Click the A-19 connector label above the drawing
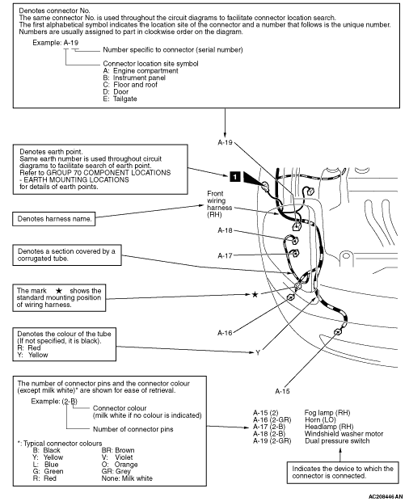[x=225, y=142]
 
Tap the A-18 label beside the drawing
[x=225, y=230]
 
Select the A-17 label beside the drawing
[x=225, y=255]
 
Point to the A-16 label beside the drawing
[x=225, y=333]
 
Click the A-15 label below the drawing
[x=282, y=391]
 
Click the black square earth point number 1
[x=235, y=176]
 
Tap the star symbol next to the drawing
[x=255, y=294]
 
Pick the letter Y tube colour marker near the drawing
[x=258, y=353]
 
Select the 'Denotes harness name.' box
[x=54, y=219]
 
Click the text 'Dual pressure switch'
[x=337, y=441]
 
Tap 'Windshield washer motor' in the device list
[x=344, y=434]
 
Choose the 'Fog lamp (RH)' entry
[x=327, y=413]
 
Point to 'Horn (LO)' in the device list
[x=320, y=420]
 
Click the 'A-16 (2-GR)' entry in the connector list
[x=272, y=420]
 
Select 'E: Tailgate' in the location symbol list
[x=120, y=99]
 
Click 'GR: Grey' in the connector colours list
[x=116, y=471]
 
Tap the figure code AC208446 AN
[x=386, y=496]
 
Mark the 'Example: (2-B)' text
[x=54, y=402]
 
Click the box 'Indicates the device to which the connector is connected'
[x=343, y=472]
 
